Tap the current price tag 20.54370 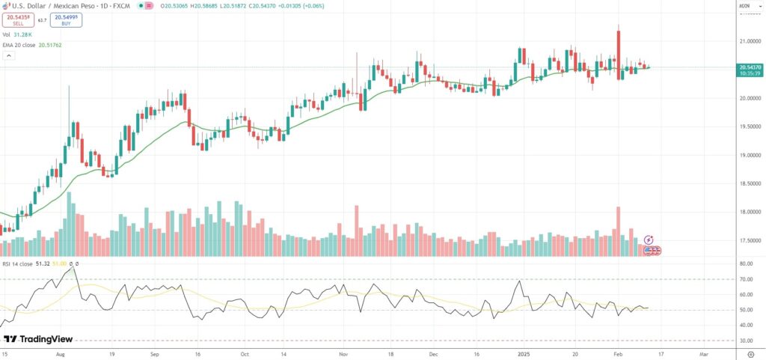[749, 67]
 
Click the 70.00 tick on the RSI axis [745, 279]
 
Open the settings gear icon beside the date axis [750, 353]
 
